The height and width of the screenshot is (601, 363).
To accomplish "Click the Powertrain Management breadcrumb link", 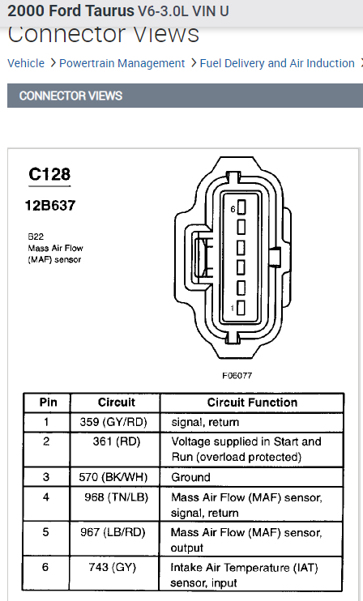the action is pos(122,63).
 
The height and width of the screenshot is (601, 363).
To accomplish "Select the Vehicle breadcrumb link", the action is pos(26,63).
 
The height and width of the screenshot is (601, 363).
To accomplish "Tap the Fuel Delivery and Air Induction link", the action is pos(277,63).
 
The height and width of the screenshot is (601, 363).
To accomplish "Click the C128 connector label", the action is pos(49,174).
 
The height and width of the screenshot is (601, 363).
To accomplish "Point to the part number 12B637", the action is pos(50,206).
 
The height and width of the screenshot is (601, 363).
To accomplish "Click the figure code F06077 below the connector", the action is pos(237,376).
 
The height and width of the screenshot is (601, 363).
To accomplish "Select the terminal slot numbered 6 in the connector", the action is pos(241,207).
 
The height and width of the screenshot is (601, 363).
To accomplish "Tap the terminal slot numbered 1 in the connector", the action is pos(241,308).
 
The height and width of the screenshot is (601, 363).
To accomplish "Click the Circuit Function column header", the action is pos(252,402).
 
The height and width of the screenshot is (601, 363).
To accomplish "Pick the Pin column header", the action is pos(49,402).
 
